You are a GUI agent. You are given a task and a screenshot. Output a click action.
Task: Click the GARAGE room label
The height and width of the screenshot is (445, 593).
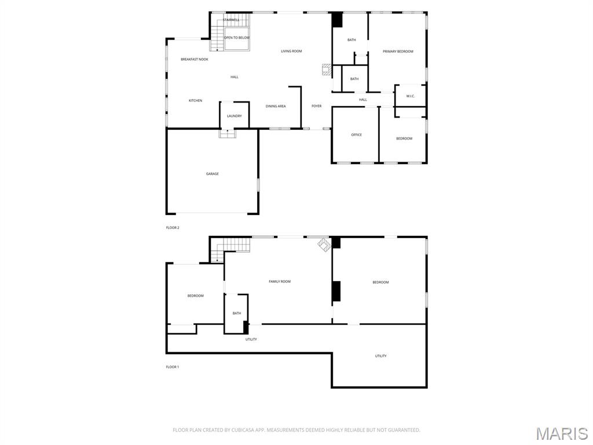[213, 174]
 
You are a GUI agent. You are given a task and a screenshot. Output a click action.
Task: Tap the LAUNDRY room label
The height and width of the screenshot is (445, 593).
[235, 116]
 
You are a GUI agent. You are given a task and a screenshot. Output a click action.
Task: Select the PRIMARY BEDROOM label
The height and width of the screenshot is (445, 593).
[398, 52]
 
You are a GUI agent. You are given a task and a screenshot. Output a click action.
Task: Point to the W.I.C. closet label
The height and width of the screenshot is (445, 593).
[411, 96]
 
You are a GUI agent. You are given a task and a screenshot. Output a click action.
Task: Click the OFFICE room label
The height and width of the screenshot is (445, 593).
[356, 135]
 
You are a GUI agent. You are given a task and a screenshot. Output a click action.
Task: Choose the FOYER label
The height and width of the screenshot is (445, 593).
[316, 106]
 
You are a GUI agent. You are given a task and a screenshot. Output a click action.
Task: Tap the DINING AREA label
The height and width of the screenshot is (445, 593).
[276, 106]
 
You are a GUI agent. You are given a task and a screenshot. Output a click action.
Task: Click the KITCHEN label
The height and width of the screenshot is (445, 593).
[196, 101]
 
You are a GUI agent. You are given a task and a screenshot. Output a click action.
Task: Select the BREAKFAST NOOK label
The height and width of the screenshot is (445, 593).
[195, 59]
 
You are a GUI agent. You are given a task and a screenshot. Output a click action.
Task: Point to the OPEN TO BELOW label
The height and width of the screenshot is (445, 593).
[237, 38]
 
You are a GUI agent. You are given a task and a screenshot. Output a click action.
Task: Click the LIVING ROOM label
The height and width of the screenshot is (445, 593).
[291, 52]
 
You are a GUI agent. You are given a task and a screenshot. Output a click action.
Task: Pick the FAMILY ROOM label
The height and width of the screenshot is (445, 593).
[280, 282]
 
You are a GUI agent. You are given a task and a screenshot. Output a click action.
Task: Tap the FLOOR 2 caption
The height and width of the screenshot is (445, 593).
[173, 228]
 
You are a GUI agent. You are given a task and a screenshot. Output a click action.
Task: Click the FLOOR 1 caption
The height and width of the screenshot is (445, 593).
[173, 367]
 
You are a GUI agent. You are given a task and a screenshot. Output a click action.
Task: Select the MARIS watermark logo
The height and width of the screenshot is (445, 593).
[561, 433]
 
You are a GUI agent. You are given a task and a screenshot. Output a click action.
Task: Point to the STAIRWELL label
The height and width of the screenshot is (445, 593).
[231, 20]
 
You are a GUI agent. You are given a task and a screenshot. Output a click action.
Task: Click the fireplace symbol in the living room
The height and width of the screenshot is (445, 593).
[327, 70]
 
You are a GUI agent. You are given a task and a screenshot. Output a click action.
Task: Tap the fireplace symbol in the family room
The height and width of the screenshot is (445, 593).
[323, 245]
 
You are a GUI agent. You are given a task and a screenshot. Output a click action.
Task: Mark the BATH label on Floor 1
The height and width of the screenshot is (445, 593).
[237, 313]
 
